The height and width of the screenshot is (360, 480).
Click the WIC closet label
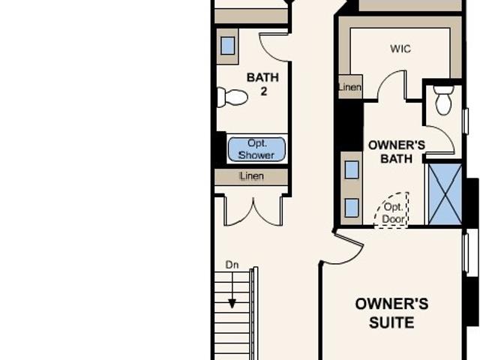click(x=400, y=49)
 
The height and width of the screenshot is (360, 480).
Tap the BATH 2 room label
click(x=262, y=84)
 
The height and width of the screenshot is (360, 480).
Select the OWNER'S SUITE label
click(x=391, y=313)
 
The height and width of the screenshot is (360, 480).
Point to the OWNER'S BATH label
click(x=397, y=151)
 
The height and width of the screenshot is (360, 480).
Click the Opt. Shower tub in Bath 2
click(x=256, y=149)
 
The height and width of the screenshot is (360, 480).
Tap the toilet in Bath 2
click(x=232, y=97)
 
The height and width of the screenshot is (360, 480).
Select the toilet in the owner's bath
click(x=443, y=100)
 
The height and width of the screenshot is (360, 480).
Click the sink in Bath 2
click(x=227, y=46)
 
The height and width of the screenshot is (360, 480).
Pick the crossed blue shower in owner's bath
click(x=445, y=194)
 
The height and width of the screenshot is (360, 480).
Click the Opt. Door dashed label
click(x=393, y=213)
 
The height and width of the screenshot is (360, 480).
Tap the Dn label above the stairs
click(x=232, y=265)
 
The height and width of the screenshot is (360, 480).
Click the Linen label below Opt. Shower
click(x=252, y=176)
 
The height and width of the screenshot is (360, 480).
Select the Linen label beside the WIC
click(x=350, y=87)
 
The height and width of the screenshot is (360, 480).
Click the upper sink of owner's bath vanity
click(x=352, y=170)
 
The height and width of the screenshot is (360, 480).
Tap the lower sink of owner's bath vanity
click(x=352, y=208)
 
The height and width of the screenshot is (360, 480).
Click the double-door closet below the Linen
click(x=253, y=211)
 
